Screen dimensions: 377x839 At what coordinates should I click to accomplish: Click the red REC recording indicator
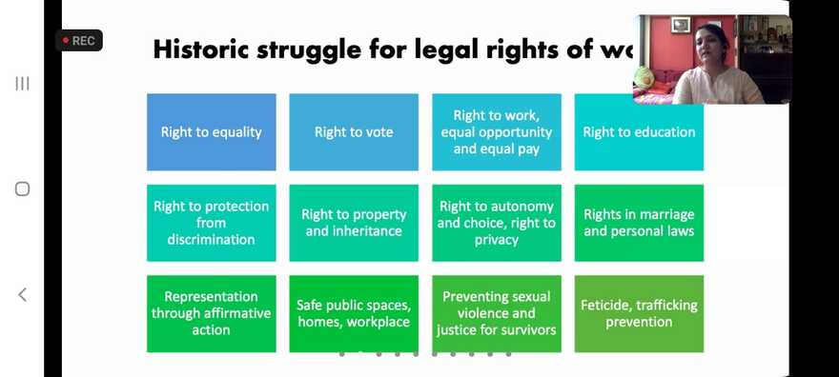coord(78,41)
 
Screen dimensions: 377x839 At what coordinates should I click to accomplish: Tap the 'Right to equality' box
coord(211,132)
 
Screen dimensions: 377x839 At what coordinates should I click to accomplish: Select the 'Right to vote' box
coord(354,132)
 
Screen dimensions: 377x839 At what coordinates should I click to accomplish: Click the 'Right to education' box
coord(639,132)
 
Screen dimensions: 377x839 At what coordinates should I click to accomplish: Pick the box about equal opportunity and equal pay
coord(496,132)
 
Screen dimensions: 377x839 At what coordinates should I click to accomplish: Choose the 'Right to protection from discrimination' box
coord(211,223)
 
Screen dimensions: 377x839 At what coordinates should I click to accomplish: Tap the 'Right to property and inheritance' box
coord(354,223)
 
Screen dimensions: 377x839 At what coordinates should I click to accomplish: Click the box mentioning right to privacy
coord(496,223)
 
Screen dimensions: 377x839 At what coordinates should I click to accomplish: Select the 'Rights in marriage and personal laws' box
coord(639,223)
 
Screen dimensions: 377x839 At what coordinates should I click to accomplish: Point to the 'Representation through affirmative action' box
coord(211,313)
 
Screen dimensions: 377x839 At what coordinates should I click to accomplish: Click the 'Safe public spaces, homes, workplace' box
coord(354,313)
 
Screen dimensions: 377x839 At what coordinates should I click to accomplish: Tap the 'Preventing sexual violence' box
coord(496,313)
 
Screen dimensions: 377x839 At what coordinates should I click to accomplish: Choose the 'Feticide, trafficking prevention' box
coord(639,313)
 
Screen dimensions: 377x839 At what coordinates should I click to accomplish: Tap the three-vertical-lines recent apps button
coord(22,84)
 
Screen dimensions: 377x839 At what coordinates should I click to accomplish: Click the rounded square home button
coord(22,188)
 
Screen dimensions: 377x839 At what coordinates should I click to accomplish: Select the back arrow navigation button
coord(22,294)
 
